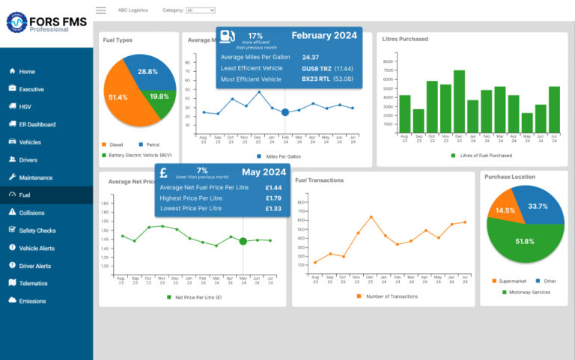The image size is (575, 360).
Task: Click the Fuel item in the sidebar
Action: [x=25, y=195]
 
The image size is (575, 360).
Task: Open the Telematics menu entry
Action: [x=33, y=284]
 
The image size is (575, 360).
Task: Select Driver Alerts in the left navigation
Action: [x=34, y=266]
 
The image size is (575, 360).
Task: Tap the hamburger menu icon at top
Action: [x=100, y=10]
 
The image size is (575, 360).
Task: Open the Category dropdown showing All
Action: [x=200, y=10]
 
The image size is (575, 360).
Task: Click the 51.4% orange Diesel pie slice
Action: [x=120, y=97]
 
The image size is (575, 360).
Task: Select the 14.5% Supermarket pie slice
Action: [x=505, y=210]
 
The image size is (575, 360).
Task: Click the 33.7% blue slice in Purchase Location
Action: [x=536, y=207]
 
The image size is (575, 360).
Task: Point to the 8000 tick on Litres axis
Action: [x=388, y=61]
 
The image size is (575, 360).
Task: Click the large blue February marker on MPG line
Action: [x=285, y=112]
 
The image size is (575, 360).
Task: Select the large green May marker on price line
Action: [x=243, y=241]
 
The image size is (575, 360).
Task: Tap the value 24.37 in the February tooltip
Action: [x=311, y=57]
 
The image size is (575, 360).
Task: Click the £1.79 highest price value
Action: [x=273, y=198]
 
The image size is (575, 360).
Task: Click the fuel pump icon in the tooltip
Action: [x=228, y=37]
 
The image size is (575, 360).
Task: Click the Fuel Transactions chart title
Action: [x=320, y=180]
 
